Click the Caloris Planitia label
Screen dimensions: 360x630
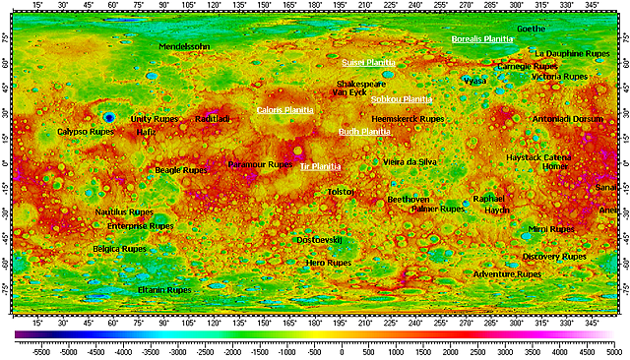[x=284, y=110]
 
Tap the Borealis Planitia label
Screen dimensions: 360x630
[x=482, y=39]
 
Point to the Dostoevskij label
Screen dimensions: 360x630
[x=319, y=239]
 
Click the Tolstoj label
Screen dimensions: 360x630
[x=341, y=191]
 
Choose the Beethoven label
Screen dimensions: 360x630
[x=408, y=199]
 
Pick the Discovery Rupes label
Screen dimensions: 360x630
[x=554, y=256]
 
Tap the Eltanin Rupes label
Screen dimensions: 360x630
[x=164, y=290]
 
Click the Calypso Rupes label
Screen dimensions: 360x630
[x=87, y=131]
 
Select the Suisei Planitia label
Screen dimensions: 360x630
[x=368, y=62]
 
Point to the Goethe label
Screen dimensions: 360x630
[x=531, y=30]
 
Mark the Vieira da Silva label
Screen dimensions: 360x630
[x=409, y=161]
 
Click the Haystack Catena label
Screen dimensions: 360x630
[x=538, y=156]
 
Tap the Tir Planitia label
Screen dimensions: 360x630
[x=320, y=166]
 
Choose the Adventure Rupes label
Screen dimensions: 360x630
[x=507, y=274]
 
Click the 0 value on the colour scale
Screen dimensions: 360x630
[x=342, y=350]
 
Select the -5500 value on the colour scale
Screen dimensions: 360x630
[x=40, y=350]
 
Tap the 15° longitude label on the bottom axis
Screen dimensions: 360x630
[x=37, y=321]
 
